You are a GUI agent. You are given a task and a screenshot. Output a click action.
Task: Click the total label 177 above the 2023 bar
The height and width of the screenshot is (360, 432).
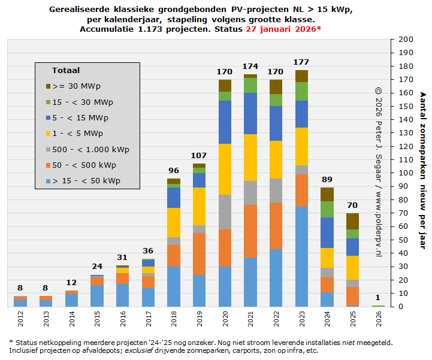tap(301, 62)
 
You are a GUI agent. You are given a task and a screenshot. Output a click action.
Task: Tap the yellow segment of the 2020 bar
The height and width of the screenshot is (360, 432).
tap(225, 169)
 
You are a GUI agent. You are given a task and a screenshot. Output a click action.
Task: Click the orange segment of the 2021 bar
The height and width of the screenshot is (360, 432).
tap(250, 231)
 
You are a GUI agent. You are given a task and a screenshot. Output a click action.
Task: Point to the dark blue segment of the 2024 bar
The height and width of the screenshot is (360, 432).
tap(327, 232)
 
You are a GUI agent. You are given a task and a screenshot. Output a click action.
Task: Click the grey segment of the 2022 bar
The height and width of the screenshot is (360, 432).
tap(276, 190)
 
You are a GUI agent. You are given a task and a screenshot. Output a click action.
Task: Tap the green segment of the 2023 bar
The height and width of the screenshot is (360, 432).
tap(301, 91)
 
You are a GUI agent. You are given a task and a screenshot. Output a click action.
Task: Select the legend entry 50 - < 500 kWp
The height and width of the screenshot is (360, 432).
tap(86, 165)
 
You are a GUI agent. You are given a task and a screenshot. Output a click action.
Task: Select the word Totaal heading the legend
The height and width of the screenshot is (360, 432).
tap(65, 71)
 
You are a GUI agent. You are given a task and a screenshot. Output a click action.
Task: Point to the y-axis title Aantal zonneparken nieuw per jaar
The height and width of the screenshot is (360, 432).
tap(422, 171)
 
